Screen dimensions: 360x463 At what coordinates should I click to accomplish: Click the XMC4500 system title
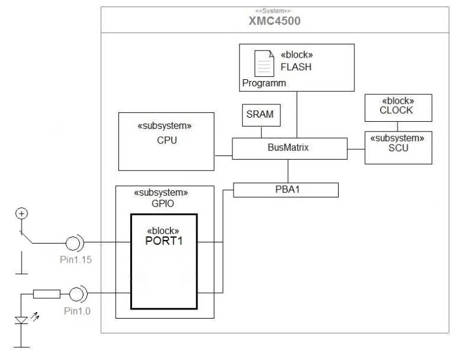click(274, 22)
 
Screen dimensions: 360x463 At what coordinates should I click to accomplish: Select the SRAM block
click(262, 115)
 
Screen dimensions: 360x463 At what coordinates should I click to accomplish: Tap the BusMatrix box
click(289, 147)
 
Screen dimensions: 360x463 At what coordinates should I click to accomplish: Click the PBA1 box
click(286, 190)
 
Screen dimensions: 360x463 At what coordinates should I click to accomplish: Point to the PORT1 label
click(163, 241)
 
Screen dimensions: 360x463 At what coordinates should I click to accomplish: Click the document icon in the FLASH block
click(263, 63)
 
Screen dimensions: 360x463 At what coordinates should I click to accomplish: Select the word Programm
click(264, 83)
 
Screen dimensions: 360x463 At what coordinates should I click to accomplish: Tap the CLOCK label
click(396, 110)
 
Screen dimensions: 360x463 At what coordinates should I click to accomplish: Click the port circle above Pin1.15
click(74, 243)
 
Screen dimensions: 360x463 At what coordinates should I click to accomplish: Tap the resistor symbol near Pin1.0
click(46, 294)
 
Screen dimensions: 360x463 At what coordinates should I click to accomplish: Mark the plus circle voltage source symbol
click(22, 213)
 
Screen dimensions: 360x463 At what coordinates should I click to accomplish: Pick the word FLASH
click(296, 67)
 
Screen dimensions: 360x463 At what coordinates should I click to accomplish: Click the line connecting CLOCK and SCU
click(397, 127)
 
